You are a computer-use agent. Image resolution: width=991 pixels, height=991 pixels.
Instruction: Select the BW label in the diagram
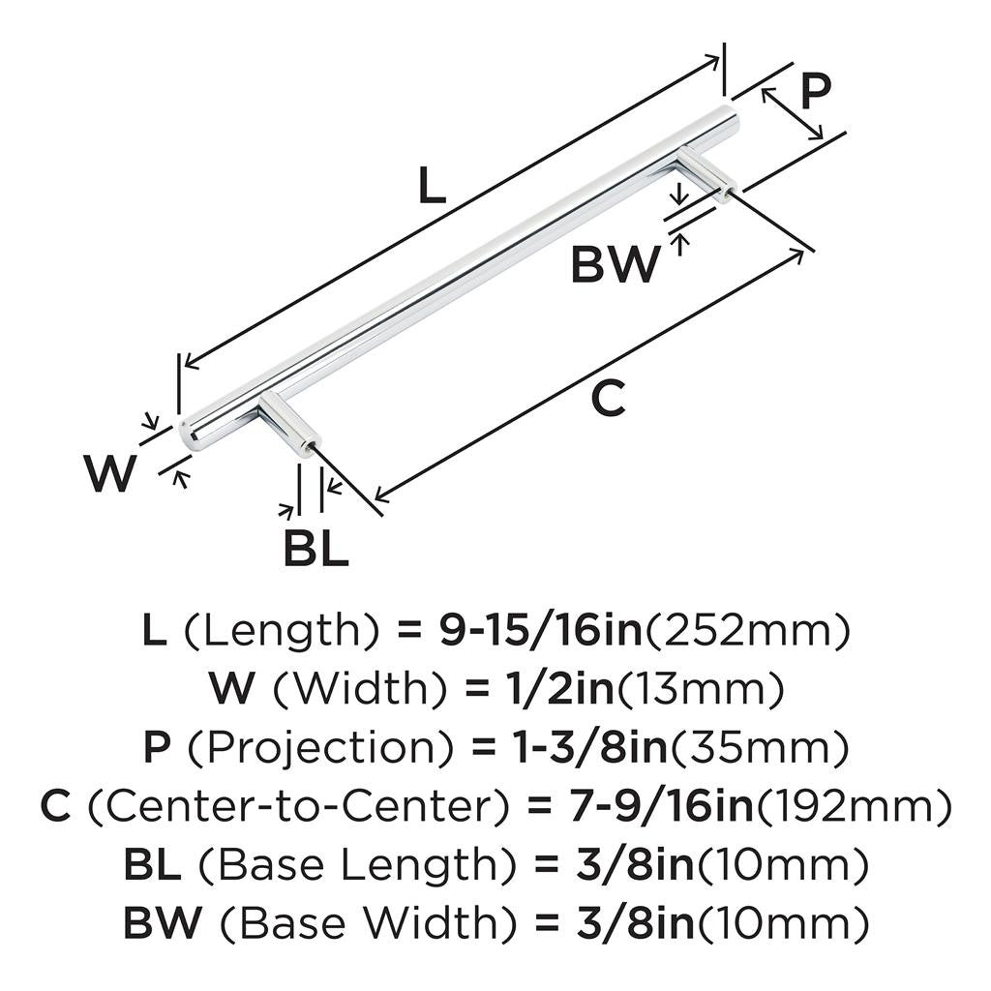[x=615, y=264]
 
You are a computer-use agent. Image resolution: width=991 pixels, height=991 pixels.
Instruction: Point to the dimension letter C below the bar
[x=608, y=398]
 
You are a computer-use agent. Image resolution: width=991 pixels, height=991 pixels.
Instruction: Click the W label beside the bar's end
[x=109, y=473]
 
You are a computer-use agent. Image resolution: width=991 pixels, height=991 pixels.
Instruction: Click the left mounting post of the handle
[x=288, y=420]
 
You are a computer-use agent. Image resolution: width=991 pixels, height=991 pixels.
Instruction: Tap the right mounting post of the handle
[x=707, y=173]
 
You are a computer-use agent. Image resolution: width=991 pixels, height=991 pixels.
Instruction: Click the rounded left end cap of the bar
[x=189, y=434]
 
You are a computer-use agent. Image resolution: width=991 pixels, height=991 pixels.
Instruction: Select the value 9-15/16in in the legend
[x=540, y=631]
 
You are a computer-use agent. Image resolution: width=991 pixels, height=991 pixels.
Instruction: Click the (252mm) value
[x=746, y=631]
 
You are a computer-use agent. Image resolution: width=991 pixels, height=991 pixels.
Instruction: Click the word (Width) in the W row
[x=360, y=688]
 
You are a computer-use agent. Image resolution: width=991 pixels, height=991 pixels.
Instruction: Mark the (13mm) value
[x=701, y=688]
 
